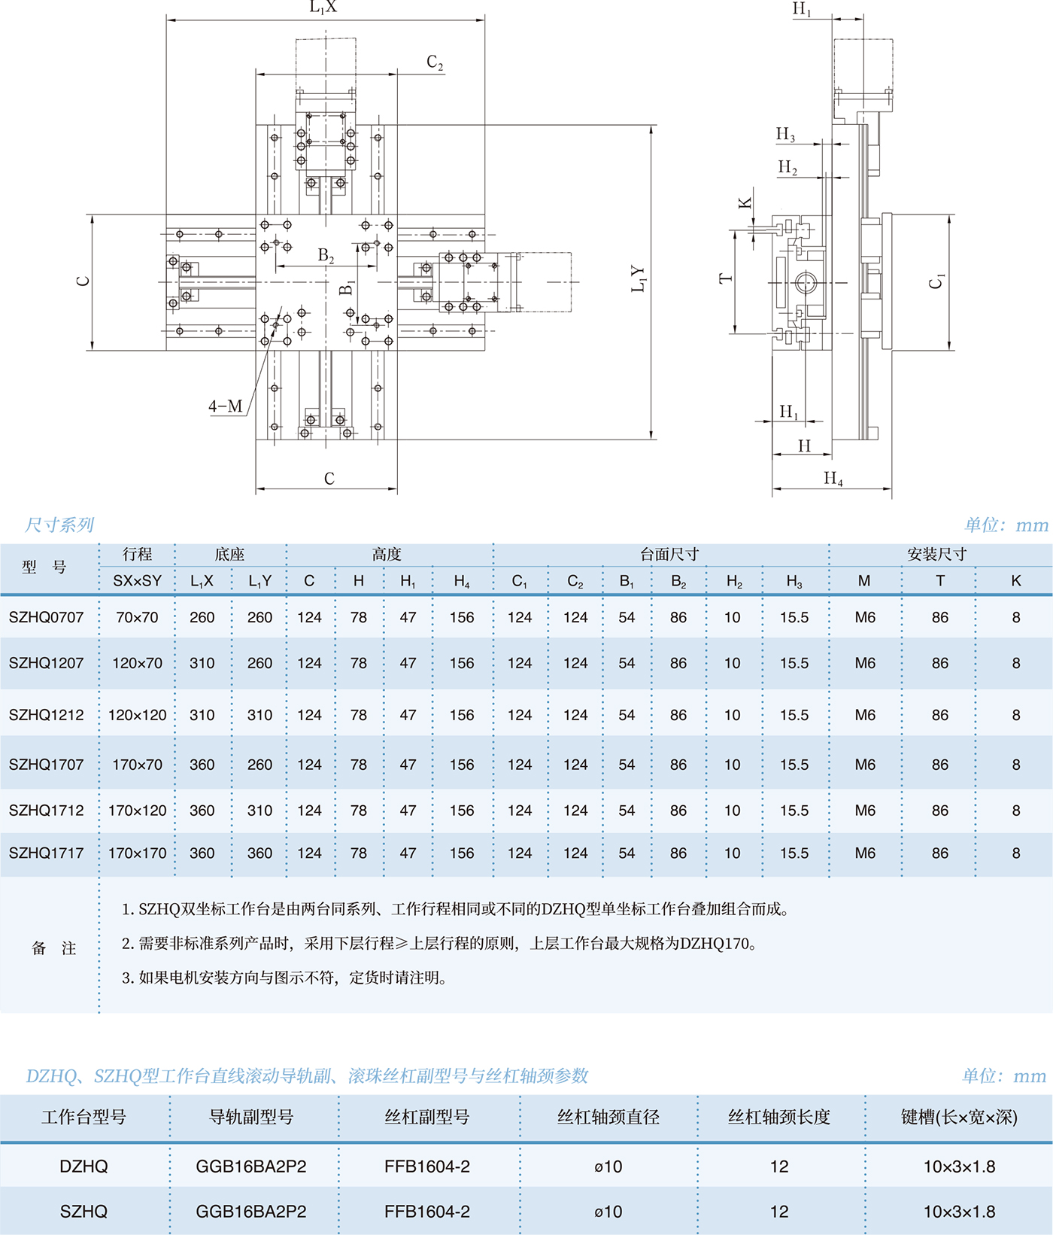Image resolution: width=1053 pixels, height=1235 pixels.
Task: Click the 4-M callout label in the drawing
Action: pos(226,406)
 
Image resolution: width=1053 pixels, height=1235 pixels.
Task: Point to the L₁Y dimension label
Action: pos(638,278)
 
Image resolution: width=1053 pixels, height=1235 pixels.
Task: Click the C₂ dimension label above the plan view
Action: pos(435,62)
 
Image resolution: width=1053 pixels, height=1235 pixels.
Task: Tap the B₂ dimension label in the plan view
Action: pos(326,256)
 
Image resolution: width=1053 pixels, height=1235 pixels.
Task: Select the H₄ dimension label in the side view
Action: pos(833,478)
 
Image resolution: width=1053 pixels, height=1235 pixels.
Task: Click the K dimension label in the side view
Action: pos(745,203)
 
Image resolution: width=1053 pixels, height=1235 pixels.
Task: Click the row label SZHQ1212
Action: pos(47,715)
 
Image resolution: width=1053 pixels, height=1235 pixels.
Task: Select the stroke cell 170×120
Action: pos(137,811)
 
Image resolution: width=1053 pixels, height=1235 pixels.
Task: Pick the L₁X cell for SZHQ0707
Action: pos(202,617)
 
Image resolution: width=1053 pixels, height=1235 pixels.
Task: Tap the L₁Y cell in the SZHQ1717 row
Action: pos(259,853)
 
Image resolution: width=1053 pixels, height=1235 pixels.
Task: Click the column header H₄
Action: pos(462,581)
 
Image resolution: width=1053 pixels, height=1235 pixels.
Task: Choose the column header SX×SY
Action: pos(137,581)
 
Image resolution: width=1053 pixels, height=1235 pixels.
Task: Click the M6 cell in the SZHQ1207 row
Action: pos(865,663)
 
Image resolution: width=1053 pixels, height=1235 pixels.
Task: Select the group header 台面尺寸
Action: pos(669,555)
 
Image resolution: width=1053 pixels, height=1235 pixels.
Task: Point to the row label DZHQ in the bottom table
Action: pos(83,1167)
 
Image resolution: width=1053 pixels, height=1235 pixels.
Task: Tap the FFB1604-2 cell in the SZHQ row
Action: pos(426,1212)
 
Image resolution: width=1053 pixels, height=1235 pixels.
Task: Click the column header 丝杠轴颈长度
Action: pos(779,1118)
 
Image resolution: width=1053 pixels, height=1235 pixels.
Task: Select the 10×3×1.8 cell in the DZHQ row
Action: pos(959,1167)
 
